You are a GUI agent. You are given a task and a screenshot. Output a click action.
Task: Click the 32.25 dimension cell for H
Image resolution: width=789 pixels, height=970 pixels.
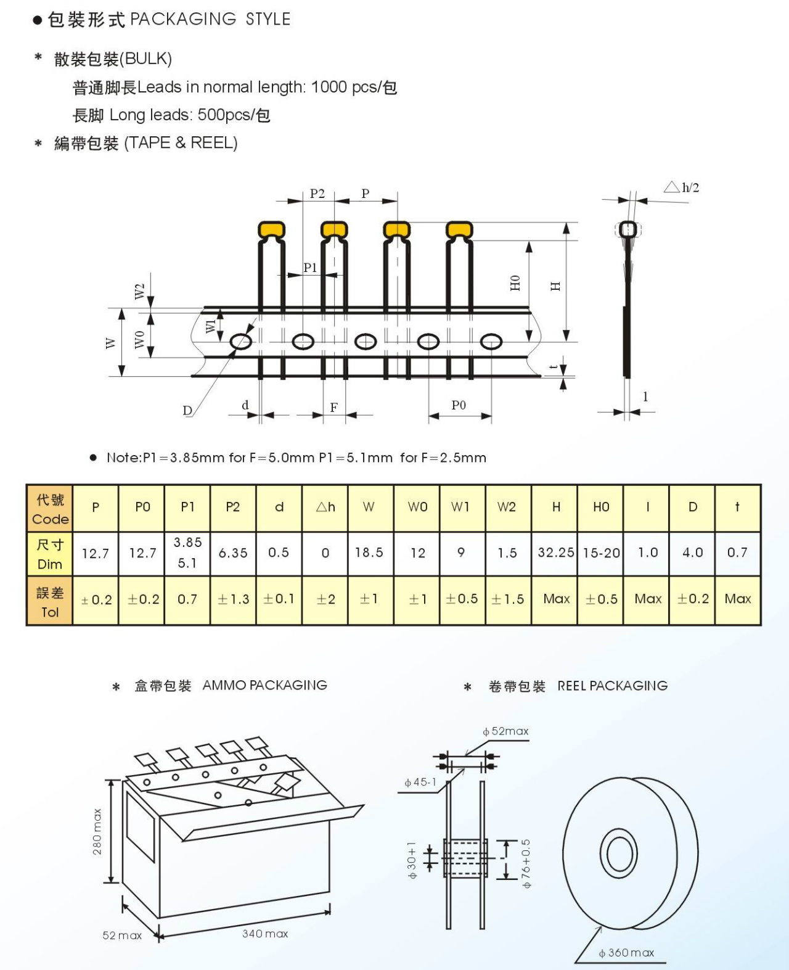555,553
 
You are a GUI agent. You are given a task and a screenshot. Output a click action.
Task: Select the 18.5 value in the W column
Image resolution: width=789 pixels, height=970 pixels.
369,553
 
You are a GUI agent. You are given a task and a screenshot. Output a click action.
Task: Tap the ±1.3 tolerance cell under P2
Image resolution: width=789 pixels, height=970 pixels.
233,599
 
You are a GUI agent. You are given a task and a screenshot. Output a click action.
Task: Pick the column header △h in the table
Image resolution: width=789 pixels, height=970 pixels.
325,507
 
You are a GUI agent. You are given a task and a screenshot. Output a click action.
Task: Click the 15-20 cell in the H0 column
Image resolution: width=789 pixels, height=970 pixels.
601,553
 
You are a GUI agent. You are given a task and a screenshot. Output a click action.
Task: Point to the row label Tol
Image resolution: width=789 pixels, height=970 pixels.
50,612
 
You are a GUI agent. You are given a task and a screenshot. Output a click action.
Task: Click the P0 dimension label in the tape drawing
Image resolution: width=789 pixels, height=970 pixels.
459,405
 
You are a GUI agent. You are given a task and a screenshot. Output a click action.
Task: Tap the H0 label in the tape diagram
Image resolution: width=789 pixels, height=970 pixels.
515,283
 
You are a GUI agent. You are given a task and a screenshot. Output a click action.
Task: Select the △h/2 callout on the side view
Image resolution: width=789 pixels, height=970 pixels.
682,187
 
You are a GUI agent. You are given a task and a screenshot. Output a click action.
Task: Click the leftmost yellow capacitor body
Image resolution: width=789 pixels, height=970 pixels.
272,230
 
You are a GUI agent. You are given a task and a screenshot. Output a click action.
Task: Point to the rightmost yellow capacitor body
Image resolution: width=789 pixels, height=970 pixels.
459,230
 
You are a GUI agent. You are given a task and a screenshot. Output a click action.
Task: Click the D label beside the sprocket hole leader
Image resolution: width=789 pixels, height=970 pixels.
187,411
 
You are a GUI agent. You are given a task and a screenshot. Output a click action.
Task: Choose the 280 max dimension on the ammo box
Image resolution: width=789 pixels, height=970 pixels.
97,832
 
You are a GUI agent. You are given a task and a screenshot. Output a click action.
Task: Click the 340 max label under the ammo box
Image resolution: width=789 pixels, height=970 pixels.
265,934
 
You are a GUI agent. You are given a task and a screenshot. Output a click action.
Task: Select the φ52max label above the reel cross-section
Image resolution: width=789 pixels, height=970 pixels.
506,731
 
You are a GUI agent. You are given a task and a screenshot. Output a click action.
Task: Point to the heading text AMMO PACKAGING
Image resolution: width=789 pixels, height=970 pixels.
264,685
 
